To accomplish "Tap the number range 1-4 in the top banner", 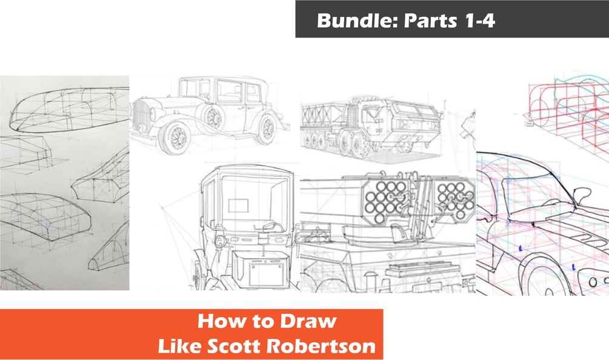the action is tap(479, 20).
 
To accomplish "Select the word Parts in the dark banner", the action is tap(431, 21).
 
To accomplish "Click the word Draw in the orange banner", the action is tap(308, 321).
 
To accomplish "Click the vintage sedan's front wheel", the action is tap(175, 138).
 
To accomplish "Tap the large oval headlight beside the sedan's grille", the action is tap(153, 114).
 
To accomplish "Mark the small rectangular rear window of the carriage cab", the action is tap(238, 205).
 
